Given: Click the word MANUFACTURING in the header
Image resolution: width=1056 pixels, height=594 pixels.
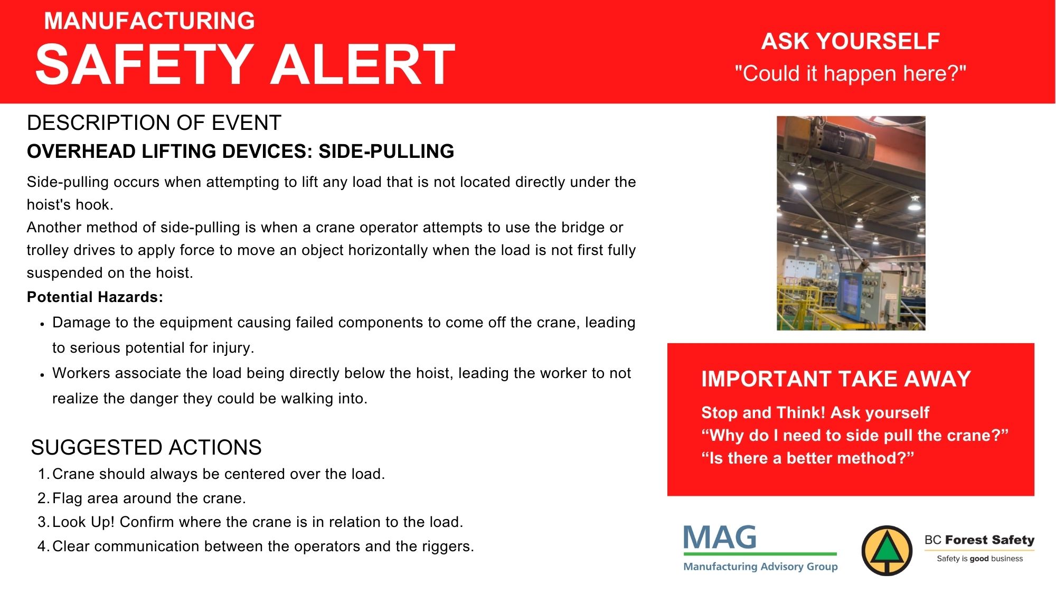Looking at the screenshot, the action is [149, 21].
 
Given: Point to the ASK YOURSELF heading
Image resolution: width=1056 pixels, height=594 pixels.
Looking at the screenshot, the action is [851, 41].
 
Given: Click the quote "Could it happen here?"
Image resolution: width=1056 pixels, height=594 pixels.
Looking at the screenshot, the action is [851, 73].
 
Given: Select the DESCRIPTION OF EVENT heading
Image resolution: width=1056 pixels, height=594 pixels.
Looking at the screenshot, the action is [154, 122].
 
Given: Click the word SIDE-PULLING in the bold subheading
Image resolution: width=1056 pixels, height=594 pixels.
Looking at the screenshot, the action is [386, 151].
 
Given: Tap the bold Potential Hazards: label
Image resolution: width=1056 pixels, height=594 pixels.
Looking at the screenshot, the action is [95, 297].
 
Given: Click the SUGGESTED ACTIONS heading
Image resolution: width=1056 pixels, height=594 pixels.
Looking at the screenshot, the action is [146, 447].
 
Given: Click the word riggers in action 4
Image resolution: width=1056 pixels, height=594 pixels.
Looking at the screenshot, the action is [448, 546].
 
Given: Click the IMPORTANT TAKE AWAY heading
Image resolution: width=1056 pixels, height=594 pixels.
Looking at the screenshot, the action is [836, 379].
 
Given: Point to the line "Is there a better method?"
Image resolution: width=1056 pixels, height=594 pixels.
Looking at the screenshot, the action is [807, 458].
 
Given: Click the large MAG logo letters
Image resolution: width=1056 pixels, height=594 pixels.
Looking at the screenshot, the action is [720, 538].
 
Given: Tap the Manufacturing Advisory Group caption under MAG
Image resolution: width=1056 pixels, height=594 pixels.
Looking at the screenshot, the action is [760, 567].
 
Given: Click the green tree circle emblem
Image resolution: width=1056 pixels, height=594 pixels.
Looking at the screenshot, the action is [887, 550].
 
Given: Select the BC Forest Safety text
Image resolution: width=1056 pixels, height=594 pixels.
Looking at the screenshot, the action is [979, 540].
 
